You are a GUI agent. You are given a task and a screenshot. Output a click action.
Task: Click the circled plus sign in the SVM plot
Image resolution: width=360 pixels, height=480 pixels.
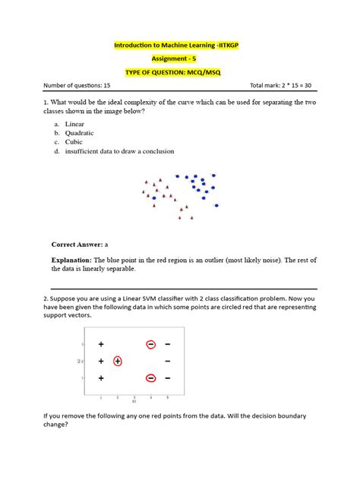click(x=118, y=361)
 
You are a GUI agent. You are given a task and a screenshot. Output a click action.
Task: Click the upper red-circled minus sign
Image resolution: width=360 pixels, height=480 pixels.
click(x=151, y=344)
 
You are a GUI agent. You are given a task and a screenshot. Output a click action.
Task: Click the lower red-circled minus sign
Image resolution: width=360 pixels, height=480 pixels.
click(x=151, y=377)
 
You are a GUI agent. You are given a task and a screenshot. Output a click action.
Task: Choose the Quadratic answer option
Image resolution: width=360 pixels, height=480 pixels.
click(x=79, y=132)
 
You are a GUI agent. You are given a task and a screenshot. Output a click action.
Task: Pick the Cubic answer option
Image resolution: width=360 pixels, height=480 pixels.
click(x=74, y=141)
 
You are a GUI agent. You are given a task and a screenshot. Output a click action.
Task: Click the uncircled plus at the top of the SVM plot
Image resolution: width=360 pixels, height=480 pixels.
click(x=101, y=344)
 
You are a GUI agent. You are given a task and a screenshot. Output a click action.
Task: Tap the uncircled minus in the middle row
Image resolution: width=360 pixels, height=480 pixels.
click(x=167, y=361)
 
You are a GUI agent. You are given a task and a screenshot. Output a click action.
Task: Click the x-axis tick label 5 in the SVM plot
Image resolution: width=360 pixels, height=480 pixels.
click(x=167, y=397)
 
